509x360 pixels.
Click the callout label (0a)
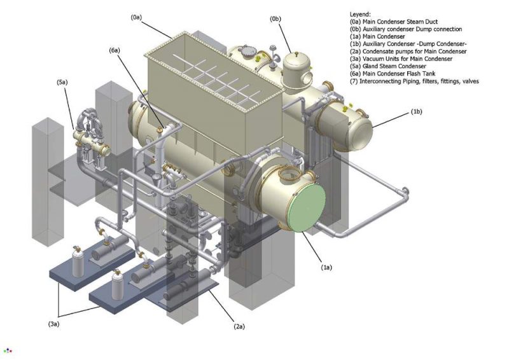[x=136, y=18]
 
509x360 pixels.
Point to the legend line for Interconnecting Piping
[x=414, y=81]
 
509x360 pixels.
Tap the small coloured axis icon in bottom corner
[x=8, y=350]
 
